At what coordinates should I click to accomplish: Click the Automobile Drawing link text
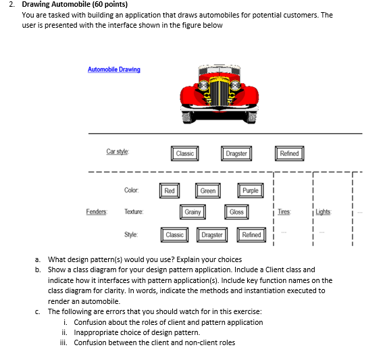tap(113, 70)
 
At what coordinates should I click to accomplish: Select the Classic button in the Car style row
tap(184, 154)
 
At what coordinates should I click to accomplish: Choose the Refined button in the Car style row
tap(289, 154)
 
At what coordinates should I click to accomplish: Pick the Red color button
tap(170, 191)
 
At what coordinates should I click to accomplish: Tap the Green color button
tap(208, 191)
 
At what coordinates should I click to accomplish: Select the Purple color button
tap(250, 191)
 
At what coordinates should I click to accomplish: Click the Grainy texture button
tap(192, 212)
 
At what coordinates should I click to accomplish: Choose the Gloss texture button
tap(236, 212)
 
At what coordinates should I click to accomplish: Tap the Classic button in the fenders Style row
tap(175, 235)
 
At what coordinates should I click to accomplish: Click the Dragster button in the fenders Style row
tap(212, 235)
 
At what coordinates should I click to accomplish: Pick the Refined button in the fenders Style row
tap(251, 235)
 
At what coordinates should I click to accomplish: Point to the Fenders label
tap(96, 212)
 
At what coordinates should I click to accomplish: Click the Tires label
tap(284, 212)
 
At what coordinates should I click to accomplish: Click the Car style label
tap(118, 153)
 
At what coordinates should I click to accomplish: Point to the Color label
tap(131, 190)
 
